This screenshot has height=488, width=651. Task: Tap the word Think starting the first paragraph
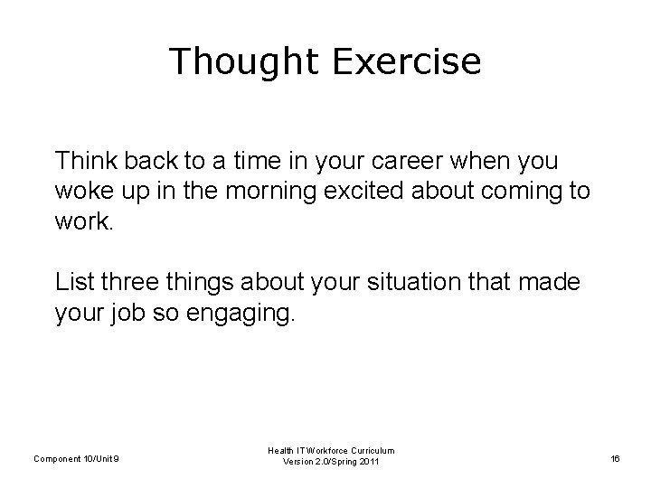coord(82,161)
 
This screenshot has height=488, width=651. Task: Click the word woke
coord(80,192)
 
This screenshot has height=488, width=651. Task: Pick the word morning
coord(261,192)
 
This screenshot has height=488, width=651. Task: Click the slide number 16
coord(615,458)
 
